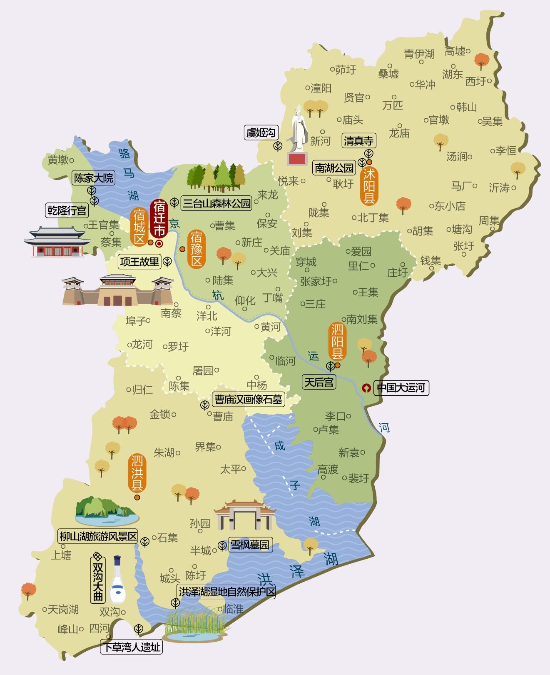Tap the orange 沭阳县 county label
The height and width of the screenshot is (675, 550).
click(369, 186)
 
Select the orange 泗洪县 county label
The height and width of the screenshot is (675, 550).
click(137, 474)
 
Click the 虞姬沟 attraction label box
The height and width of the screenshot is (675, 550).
click(261, 133)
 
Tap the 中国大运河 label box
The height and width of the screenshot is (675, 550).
click(401, 388)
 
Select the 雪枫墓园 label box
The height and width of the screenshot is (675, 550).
click(250, 545)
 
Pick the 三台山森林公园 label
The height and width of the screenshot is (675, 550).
click(217, 203)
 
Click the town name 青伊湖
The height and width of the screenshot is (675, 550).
click(419, 54)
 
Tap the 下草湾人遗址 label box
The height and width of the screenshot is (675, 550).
click(132, 647)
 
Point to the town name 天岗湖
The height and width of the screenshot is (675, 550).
click(63, 610)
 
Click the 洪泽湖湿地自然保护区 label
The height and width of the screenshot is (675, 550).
click(227, 592)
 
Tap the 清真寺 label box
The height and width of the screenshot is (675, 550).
click(358, 141)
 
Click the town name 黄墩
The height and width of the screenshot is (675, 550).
click(58, 160)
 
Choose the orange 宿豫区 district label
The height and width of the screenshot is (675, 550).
click(197, 249)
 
